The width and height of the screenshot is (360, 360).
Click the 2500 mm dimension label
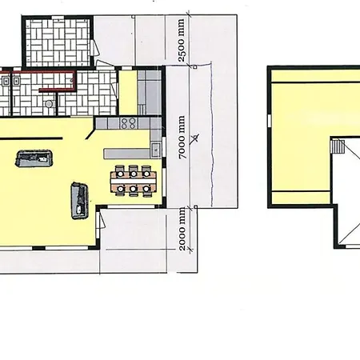click(182, 40)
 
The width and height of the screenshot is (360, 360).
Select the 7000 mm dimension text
click(182, 138)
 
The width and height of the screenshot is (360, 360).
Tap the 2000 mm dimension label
click(182, 230)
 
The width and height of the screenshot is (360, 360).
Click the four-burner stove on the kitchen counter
click(128, 123)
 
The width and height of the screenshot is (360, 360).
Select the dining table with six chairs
click(134, 181)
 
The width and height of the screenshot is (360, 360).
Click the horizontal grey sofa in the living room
click(34, 158)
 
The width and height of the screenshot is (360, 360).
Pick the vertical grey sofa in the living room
click(79, 201)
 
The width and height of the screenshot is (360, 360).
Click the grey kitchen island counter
click(126, 154)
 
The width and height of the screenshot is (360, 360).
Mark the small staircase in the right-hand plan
click(338, 146)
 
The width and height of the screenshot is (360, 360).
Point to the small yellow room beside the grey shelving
click(128, 92)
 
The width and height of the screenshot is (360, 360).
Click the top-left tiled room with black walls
click(58, 42)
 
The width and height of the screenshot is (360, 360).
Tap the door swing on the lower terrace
click(102, 220)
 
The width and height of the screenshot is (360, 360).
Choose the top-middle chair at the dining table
click(133, 170)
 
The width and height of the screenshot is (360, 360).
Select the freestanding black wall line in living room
click(31, 138)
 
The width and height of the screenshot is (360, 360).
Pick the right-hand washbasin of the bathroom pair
click(16, 80)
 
